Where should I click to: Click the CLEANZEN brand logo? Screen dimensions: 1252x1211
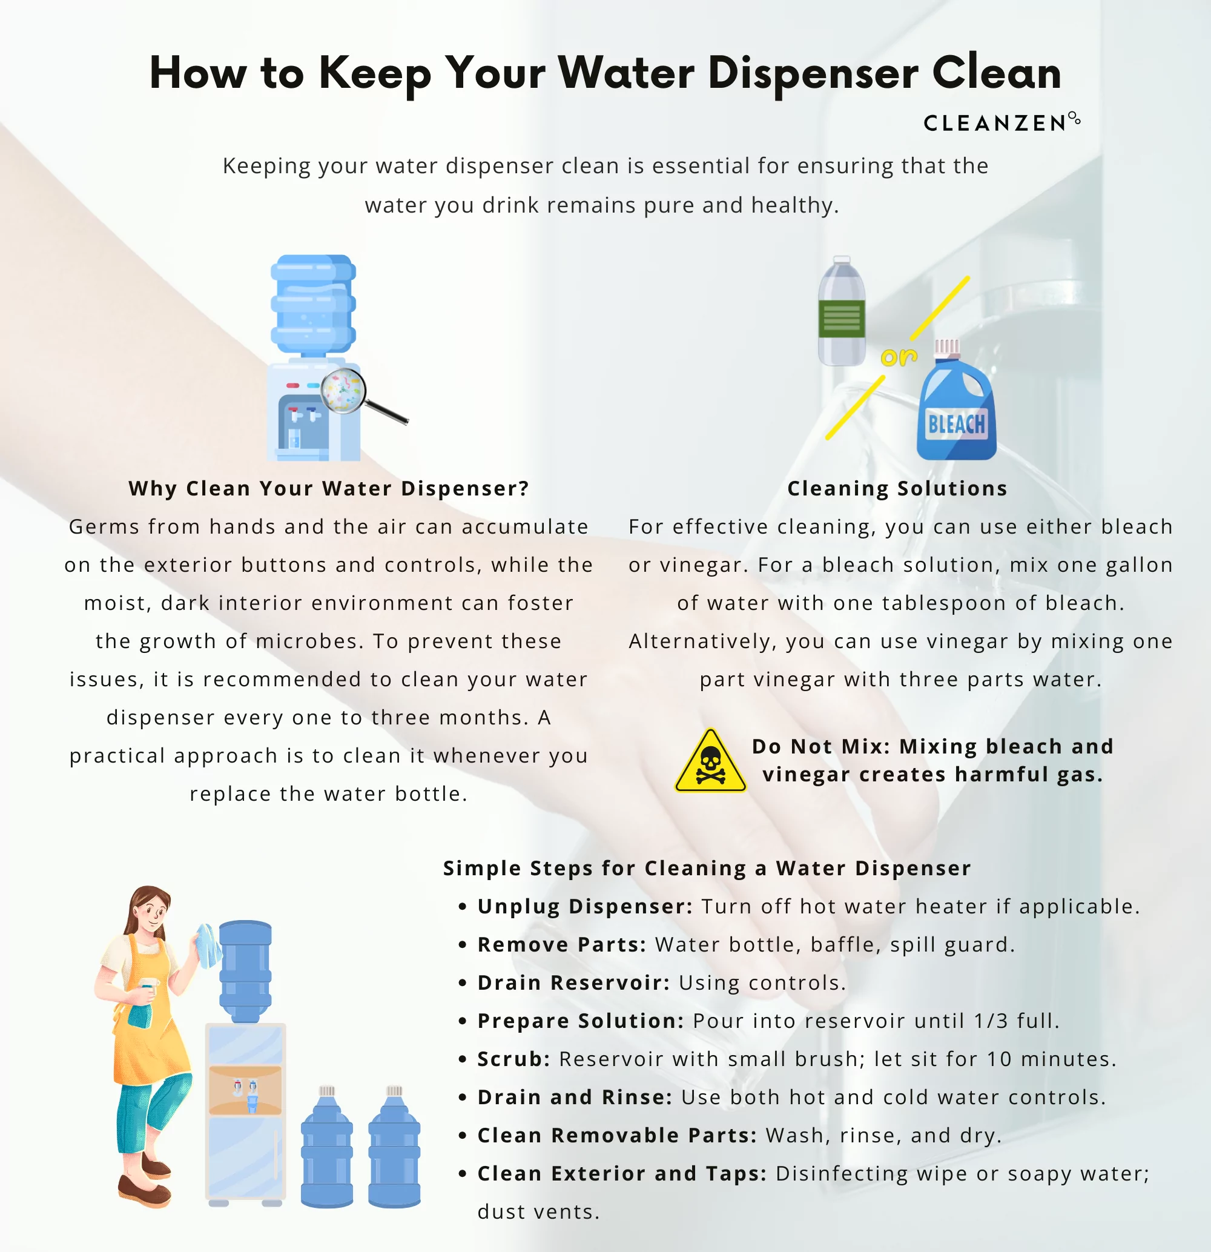coord(1001,122)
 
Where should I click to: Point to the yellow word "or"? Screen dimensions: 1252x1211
coord(899,356)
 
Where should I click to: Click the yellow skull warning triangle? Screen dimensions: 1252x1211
coord(710,762)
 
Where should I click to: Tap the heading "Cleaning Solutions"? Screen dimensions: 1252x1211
coord(897,489)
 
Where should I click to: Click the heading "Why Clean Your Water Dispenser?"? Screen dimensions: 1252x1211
coord(329,489)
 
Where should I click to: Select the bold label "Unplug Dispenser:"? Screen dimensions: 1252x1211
coord(585,906)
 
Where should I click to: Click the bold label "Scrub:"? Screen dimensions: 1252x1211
coord(513,1059)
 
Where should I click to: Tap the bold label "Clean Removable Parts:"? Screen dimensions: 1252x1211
coord(617,1135)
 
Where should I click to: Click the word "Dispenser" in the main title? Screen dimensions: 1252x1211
coord(813,73)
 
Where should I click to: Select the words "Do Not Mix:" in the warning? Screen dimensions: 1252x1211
coord(820,746)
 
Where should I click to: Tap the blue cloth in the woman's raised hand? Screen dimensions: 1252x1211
coord(208,946)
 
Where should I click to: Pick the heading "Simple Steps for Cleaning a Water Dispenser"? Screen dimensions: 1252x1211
coord(707,868)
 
